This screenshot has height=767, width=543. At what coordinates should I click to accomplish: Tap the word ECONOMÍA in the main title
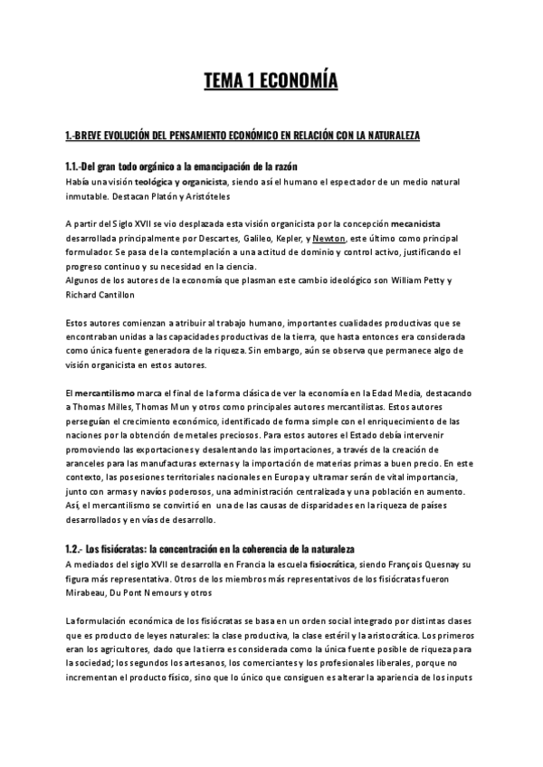coord(298,82)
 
